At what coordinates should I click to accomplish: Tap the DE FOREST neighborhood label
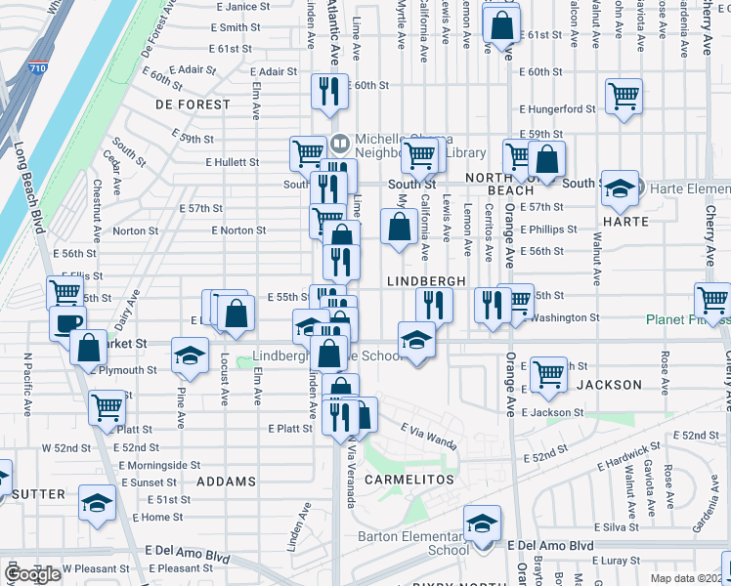point(193,104)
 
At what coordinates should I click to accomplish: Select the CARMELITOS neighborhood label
point(409,481)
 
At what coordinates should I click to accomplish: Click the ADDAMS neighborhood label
point(226,481)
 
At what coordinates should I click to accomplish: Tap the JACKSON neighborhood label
point(609,385)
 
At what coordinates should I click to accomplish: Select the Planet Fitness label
point(687,319)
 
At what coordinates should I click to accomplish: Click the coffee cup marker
point(67,322)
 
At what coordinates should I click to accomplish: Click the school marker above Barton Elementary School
point(482,523)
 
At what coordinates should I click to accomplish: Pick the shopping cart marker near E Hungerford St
point(623,96)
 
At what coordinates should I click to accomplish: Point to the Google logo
point(32,575)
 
